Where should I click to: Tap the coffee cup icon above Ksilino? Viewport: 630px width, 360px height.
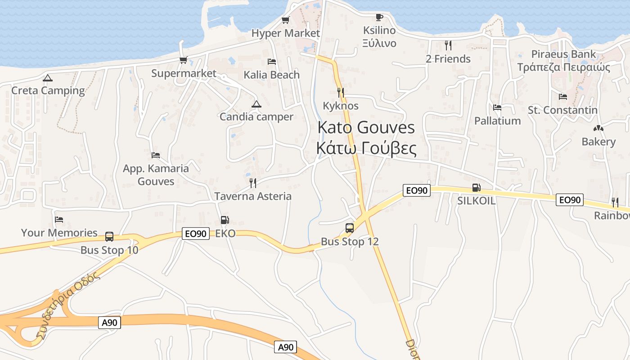pyautogui.click(x=379, y=18)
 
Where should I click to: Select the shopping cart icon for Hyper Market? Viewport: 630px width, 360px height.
pyautogui.click(x=285, y=20)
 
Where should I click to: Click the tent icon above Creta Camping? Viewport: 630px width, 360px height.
pyautogui.click(x=48, y=78)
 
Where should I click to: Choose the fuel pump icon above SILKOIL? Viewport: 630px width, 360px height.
pyautogui.click(x=476, y=188)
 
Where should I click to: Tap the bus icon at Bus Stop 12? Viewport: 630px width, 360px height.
pyautogui.click(x=350, y=228)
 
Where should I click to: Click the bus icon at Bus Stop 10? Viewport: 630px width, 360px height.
pyautogui.click(x=109, y=236)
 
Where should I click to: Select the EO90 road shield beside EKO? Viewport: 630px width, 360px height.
pyautogui.click(x=196, y=234)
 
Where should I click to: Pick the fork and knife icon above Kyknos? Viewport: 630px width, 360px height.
pyautogui.click(x=341, y=93)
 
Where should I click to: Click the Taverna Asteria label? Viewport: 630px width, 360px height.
pyautogui.click(x=253, y=196)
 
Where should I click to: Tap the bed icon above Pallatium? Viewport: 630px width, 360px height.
pyautogui.click(x=497, y=108)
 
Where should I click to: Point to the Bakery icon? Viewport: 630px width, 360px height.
pyautogui.click(x=598, y=129)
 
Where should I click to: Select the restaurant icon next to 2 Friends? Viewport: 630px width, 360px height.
pyautogui.click(x=448, y=45)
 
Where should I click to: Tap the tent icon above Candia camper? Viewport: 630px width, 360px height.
pyautogui.click(x=256, y=104)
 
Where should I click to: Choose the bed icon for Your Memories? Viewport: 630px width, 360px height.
pyautogui.click(x=59, y=220)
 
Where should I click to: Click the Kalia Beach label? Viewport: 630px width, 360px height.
pyautogui.click(x=272, y=75)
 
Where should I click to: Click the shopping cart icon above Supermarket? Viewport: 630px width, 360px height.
pyautogui.click(x=183, y=60)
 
